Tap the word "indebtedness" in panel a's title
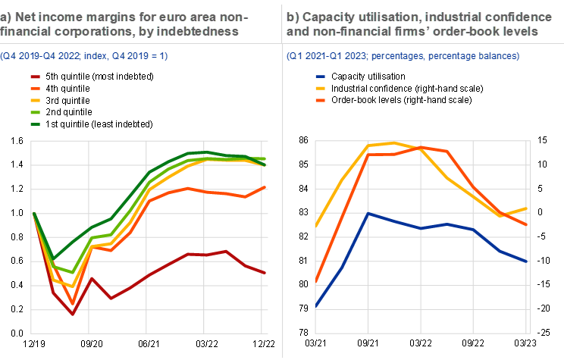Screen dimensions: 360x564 [199, 32]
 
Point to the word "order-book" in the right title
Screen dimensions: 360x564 [471, 32]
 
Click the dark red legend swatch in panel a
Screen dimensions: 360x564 [35, 77]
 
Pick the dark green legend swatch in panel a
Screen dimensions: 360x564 [35, 124]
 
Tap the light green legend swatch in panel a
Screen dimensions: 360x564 [35, 112]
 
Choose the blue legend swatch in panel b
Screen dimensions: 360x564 [320, 77]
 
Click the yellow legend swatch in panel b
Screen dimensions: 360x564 [320, 88]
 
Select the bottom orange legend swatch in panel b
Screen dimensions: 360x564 [320, 100]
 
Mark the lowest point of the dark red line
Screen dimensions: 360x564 [72, 313]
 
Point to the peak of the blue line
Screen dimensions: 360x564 [368, 214]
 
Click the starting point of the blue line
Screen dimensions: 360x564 [315, 306]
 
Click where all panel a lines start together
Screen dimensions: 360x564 [33, 214]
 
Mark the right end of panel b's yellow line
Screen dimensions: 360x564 [527, 208]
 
